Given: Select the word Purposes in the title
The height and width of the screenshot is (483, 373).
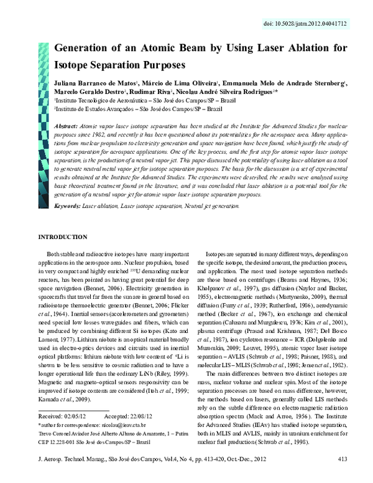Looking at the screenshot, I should click(157, 63).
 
